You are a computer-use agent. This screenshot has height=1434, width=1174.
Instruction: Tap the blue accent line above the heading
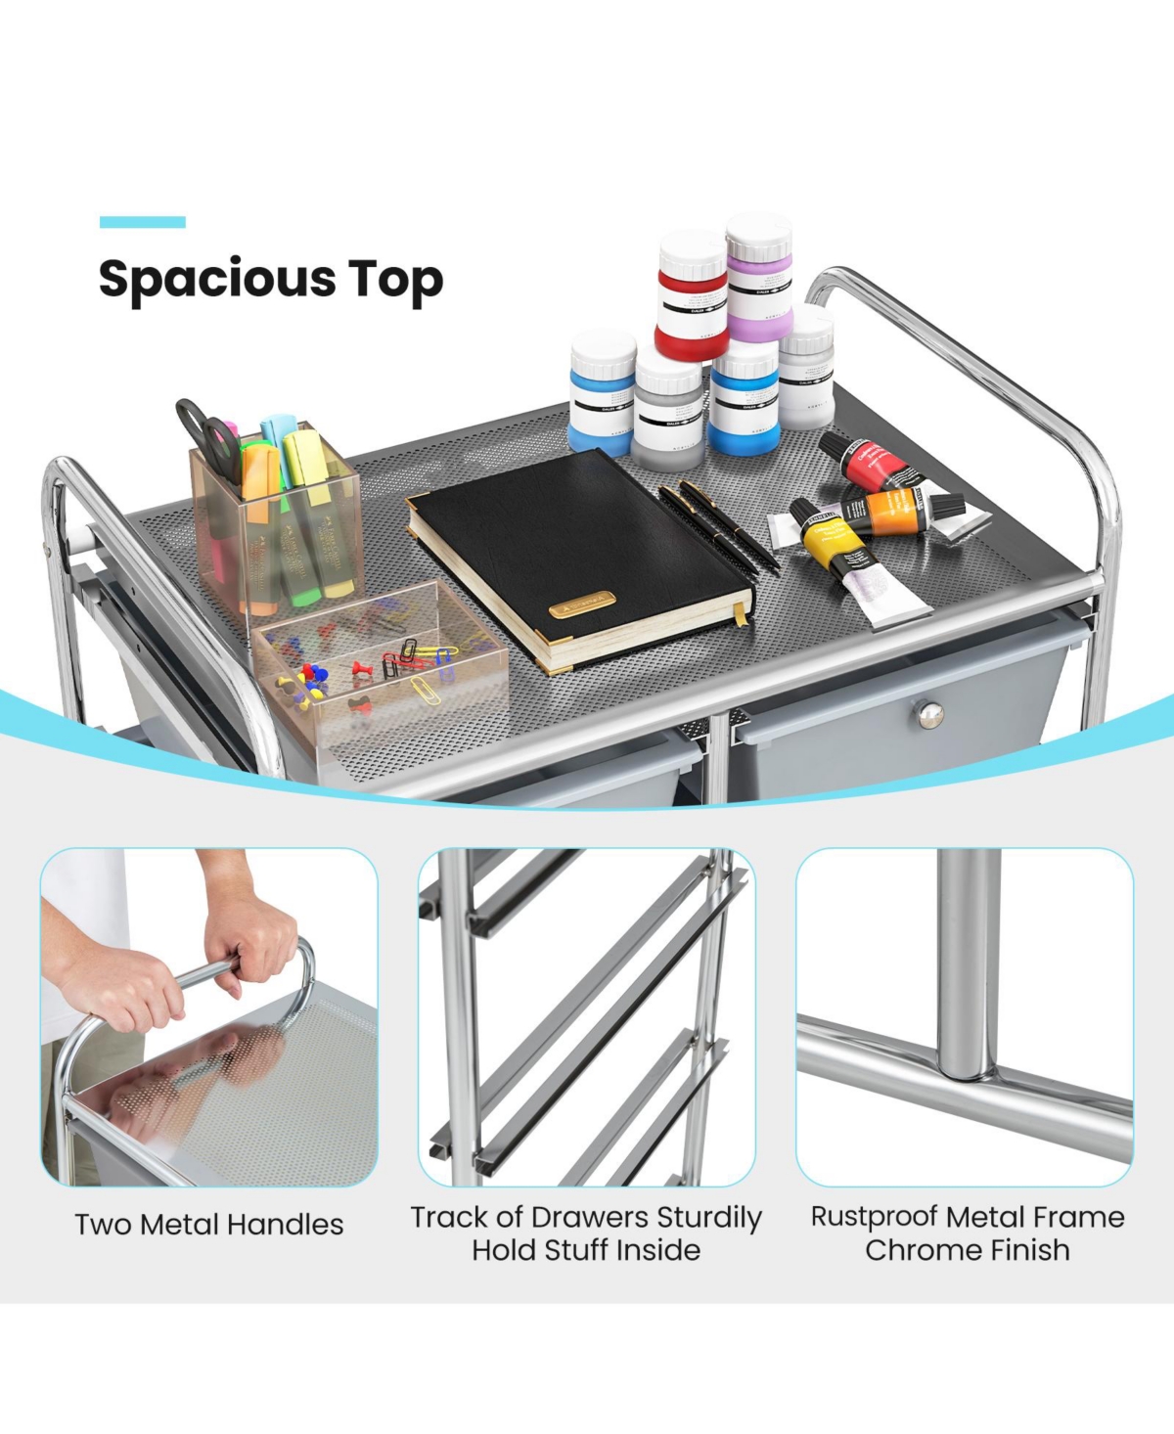(143, 223)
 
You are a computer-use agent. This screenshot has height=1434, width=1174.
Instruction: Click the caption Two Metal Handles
(209, 1225)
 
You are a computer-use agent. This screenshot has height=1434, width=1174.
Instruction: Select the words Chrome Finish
(967, 1250)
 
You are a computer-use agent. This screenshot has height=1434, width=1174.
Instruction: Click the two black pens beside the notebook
(719, 523)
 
